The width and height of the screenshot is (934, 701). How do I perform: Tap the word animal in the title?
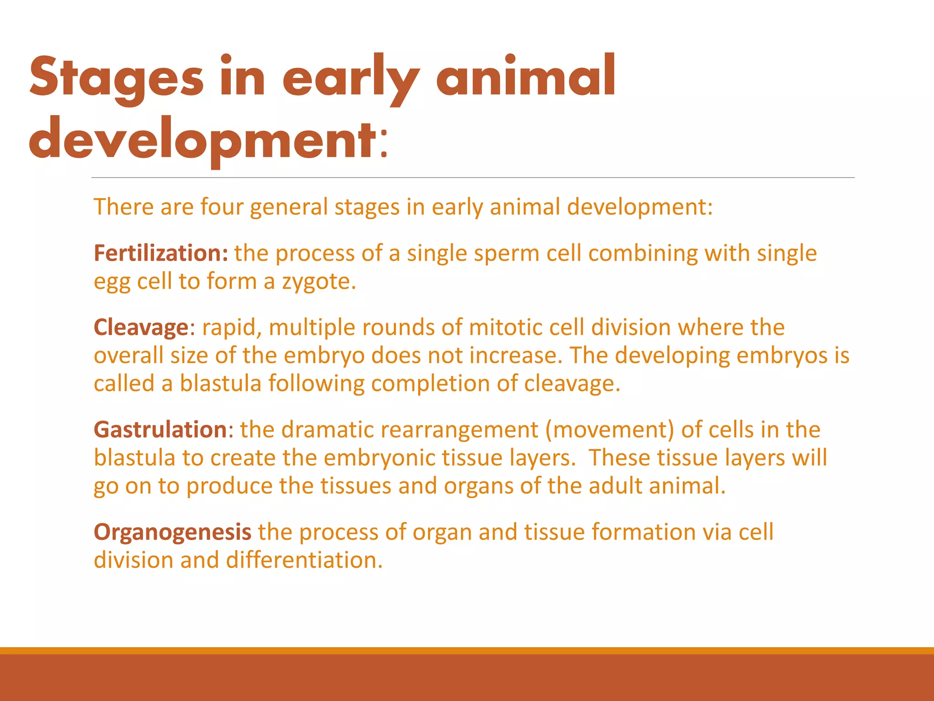point(526,77)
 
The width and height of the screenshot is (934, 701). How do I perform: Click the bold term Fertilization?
point(161,253)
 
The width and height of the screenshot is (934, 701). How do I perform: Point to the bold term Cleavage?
point(141,328)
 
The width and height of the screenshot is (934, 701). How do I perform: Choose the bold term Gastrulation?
point(160,430)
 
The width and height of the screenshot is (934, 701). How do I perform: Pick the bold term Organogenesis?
point(172,532)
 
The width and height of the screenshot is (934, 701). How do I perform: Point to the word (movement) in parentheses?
point(609,430)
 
